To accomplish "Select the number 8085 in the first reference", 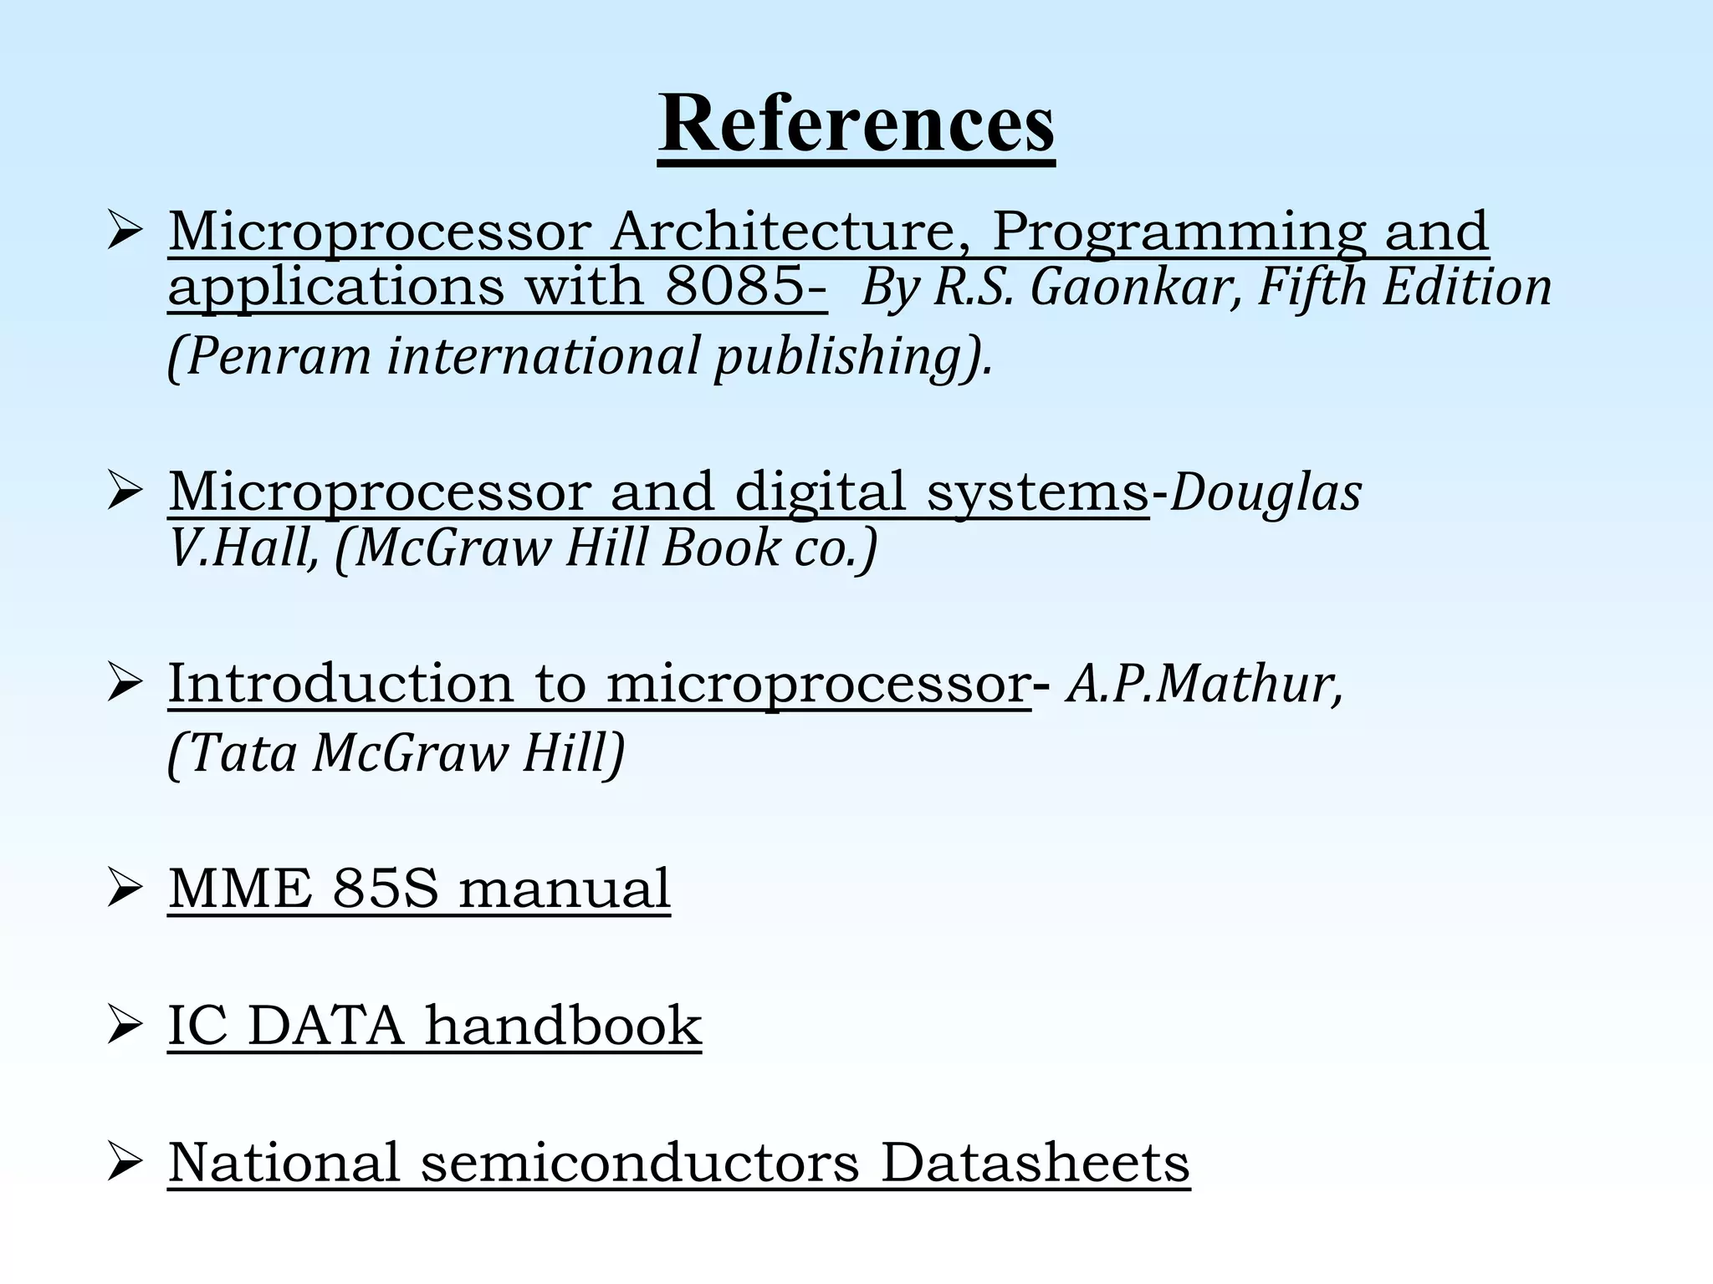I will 736,287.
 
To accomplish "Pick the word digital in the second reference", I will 820,492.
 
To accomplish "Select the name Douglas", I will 1266,493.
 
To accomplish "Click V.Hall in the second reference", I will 243,549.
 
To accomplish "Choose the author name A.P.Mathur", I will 1204,685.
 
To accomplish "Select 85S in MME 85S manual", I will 386,888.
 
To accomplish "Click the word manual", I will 565,888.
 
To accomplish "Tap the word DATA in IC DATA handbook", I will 326,1026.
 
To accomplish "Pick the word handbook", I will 563,1026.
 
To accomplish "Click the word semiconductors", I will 640,1163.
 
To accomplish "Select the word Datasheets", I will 1035,1163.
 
